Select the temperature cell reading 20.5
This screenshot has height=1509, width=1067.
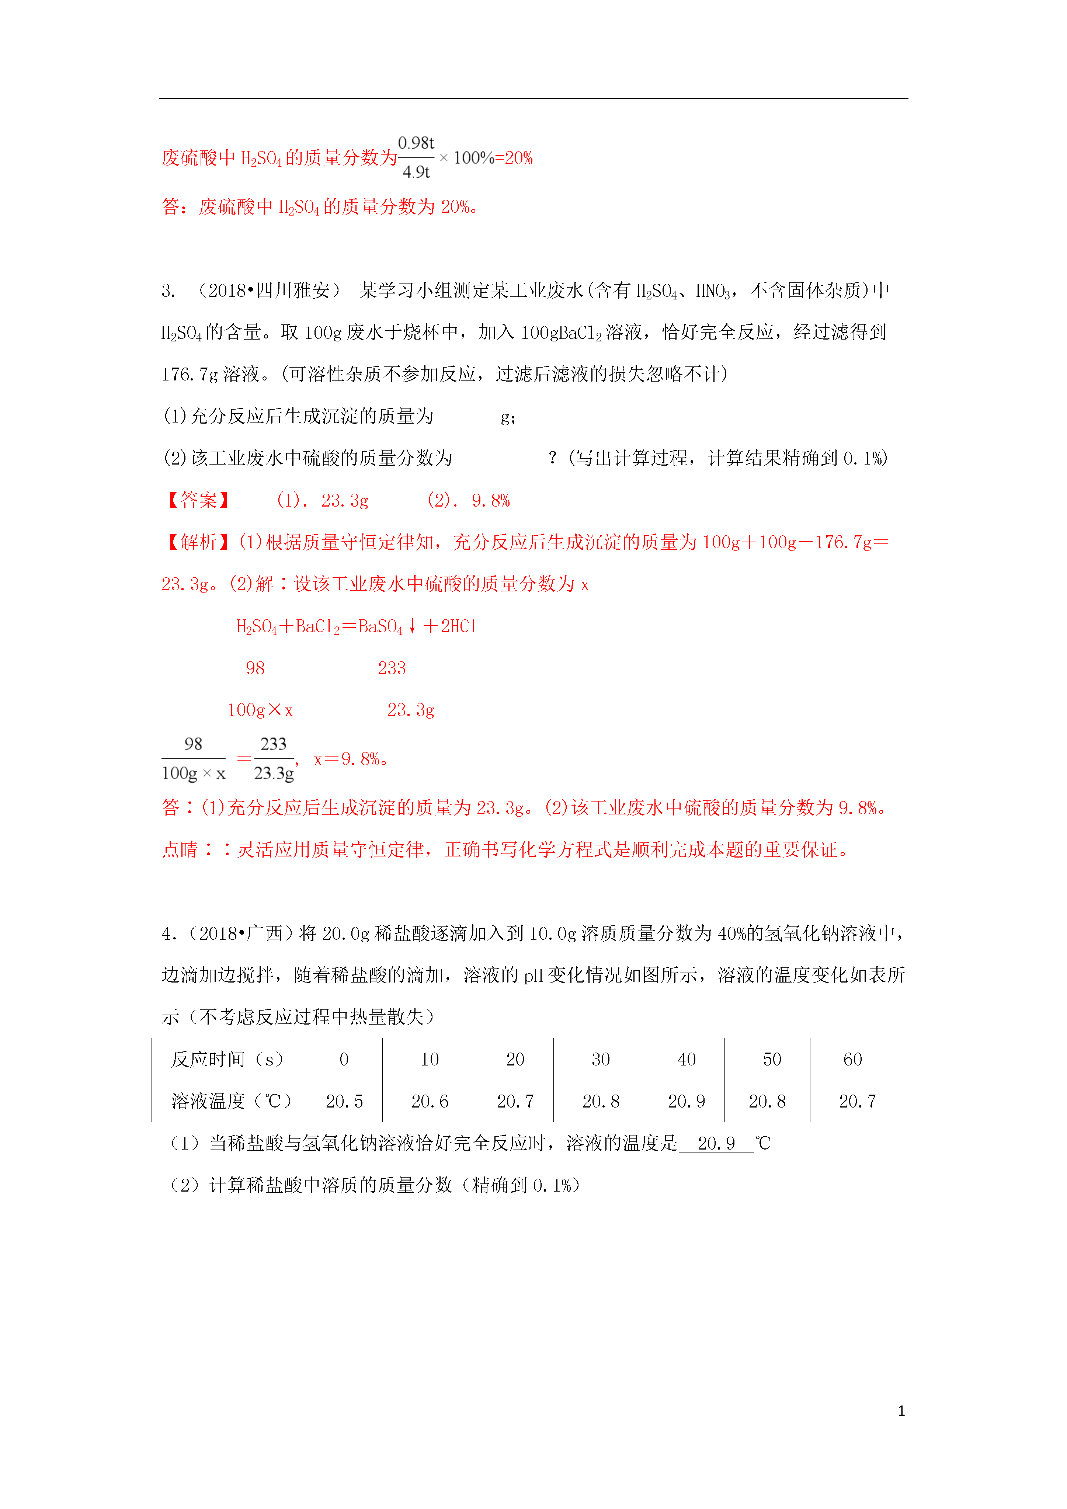click(344, 1101)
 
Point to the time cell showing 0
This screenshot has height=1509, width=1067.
click(344, 1059)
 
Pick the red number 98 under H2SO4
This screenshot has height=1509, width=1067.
click(255, 668)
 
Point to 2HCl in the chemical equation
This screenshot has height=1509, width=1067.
click(458, 626)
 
